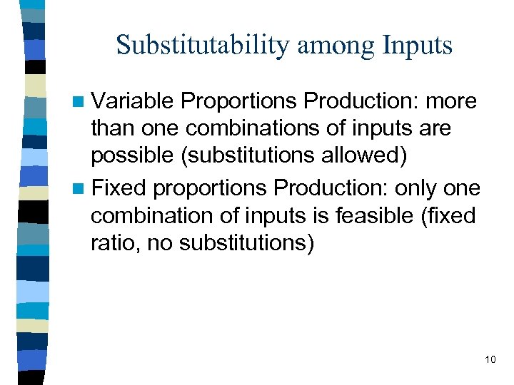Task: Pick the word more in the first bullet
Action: point(451,102)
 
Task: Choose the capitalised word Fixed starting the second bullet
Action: point(119,188)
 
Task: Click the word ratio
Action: point(110,243)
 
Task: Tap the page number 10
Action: point(490,359)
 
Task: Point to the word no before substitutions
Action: point(159,243)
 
